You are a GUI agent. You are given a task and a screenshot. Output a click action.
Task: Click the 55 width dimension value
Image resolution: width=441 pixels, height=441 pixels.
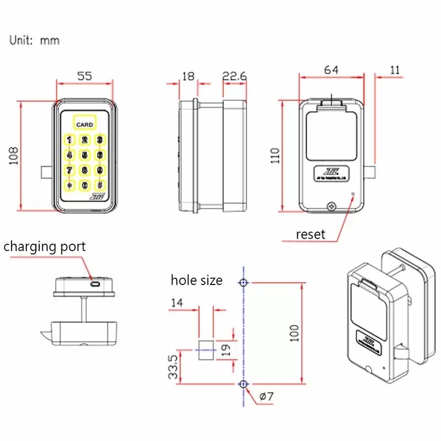click(x=84, y=76)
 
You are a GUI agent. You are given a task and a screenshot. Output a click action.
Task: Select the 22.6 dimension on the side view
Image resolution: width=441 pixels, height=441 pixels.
click(x=234, y=76)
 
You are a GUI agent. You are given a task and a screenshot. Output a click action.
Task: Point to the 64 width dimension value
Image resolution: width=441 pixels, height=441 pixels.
click(x=331, y=69)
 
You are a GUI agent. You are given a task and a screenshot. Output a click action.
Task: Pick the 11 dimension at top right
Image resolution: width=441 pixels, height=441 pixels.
click(x=395, y=69)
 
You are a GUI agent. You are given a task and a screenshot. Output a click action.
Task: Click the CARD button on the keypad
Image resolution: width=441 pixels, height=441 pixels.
click(x=84, y=123)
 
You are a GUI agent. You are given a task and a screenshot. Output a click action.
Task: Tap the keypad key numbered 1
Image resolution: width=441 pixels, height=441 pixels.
click(x=69, y=140)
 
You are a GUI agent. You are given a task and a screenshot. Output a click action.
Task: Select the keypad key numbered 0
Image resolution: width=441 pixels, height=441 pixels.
click(x=84, y=185)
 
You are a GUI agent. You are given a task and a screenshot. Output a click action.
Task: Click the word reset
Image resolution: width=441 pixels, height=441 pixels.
click(x=310, y=234)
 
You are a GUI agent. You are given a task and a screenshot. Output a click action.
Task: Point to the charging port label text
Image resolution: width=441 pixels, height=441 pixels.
click(x=45, y=246)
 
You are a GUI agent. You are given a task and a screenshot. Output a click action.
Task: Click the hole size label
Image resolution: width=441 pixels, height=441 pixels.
click(x=196, y=280)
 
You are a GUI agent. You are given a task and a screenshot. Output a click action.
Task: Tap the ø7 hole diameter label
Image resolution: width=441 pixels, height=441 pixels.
click(x=267, y=396)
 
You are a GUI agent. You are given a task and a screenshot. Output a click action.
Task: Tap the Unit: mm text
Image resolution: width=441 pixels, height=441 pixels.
click(x=34, y=40)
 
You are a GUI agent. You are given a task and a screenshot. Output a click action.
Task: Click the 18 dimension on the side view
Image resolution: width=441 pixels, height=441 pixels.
click(x=189, y=76)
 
